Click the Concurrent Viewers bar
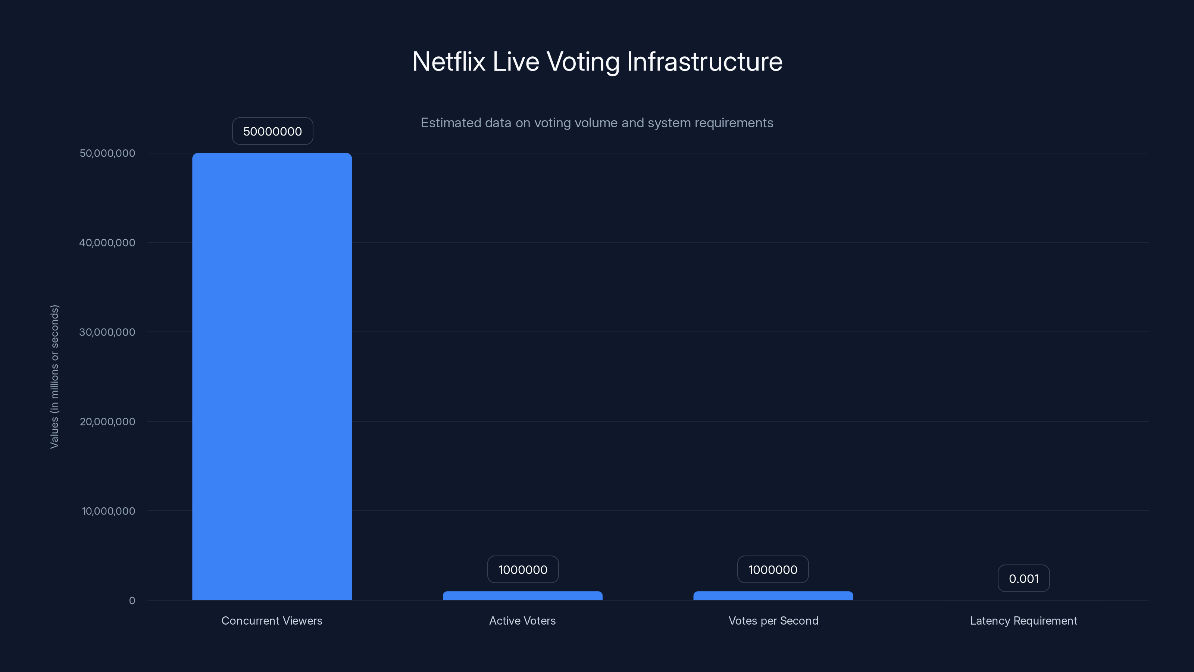(272, 376)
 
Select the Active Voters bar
(522, 595)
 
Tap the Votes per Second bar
(773, 595)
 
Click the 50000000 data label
(272, 131)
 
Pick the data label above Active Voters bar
(523, 569)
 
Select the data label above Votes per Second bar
(773, 569)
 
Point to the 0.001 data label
(1023, 578)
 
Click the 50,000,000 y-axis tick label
(107, 153)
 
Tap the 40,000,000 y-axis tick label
(107, 243)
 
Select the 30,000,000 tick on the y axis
(107, 332)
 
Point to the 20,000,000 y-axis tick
(107, 421)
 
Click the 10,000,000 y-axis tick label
(109, 511)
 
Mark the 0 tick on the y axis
(132, 601)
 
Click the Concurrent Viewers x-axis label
(272, 620)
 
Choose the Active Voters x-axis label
(522, 620)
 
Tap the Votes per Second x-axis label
(773, 620)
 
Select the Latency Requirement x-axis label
(1023, 620)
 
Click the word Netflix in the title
(448, 62)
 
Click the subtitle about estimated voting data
(597, 123)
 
